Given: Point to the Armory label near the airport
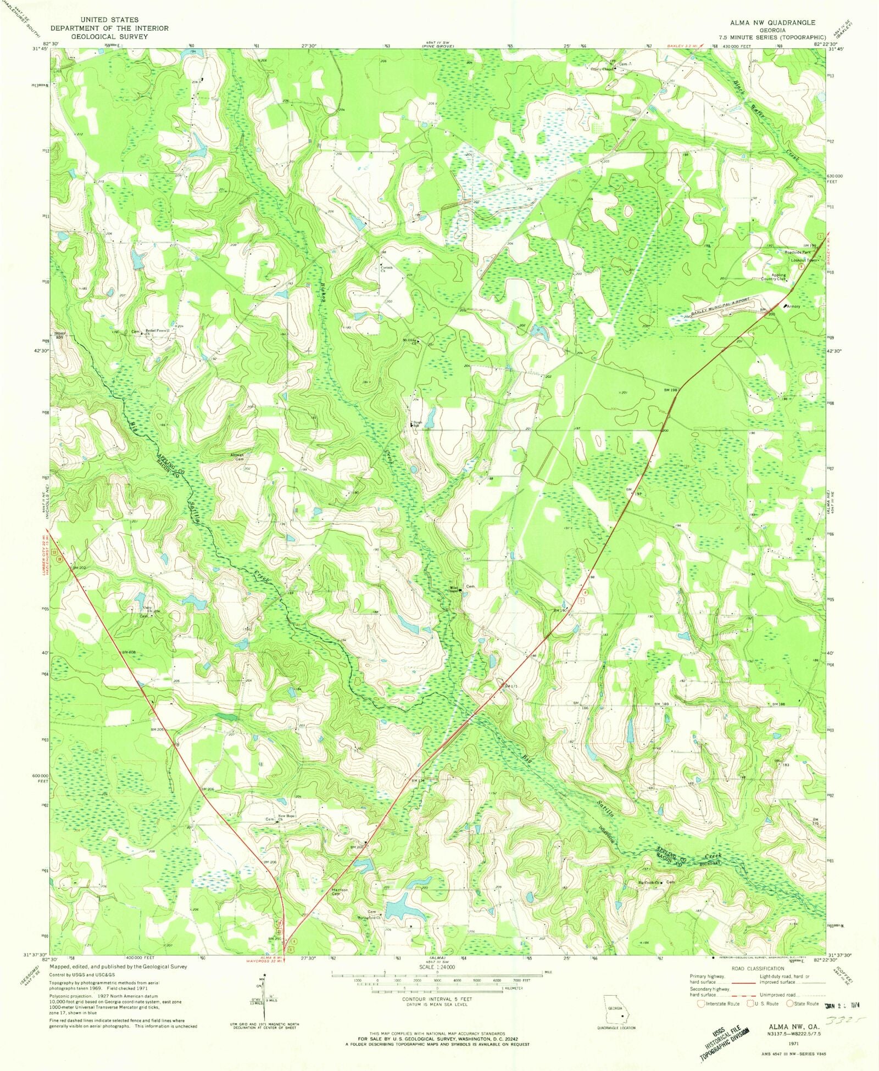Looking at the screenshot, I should [x=793, y=306].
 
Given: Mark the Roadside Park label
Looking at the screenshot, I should [x=798, y=252].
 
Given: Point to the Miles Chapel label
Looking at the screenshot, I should [x=452, y=591].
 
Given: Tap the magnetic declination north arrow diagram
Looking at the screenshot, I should [x=263, y=996].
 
